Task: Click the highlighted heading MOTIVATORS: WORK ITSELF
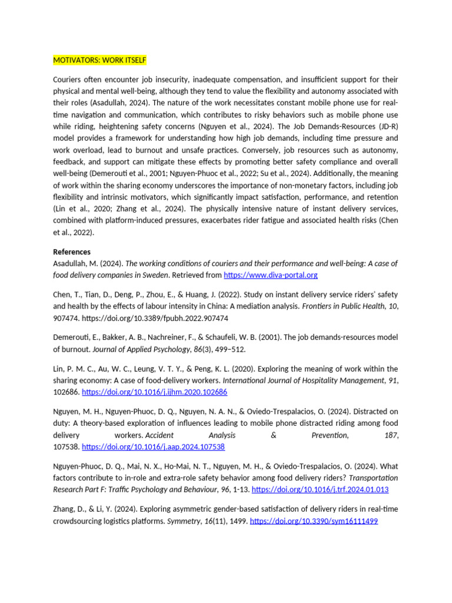pyautogui.click(x=99, y=60)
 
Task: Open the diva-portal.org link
pyautogui.click(x=271, y=275)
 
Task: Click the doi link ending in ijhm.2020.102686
pyautogui.click(x=154, y=392)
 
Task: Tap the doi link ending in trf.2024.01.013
pyautogui.click(x=320, y=489)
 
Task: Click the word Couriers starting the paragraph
pyautogui.click(x=68, y=79)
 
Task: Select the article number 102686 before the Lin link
pyautogui.click(x=66, y=392)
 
